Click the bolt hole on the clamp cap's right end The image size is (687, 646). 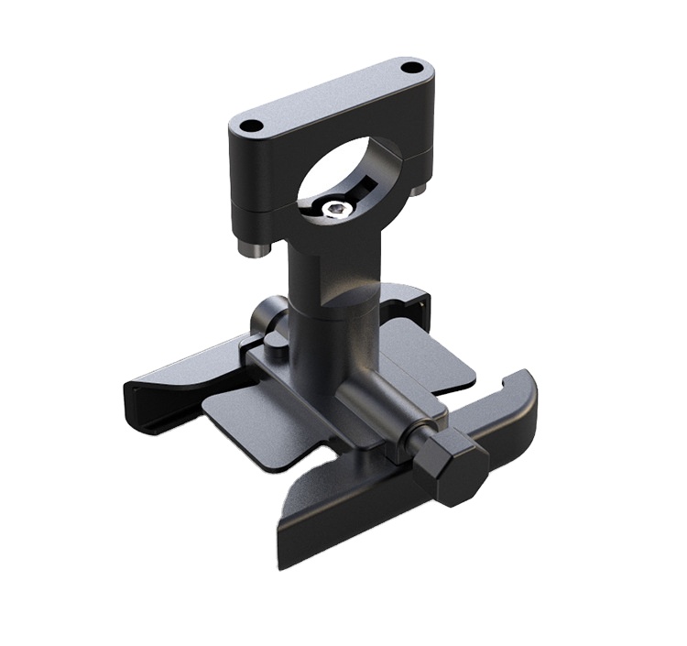coord(412,68)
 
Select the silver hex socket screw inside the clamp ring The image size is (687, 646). coord(335,210)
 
